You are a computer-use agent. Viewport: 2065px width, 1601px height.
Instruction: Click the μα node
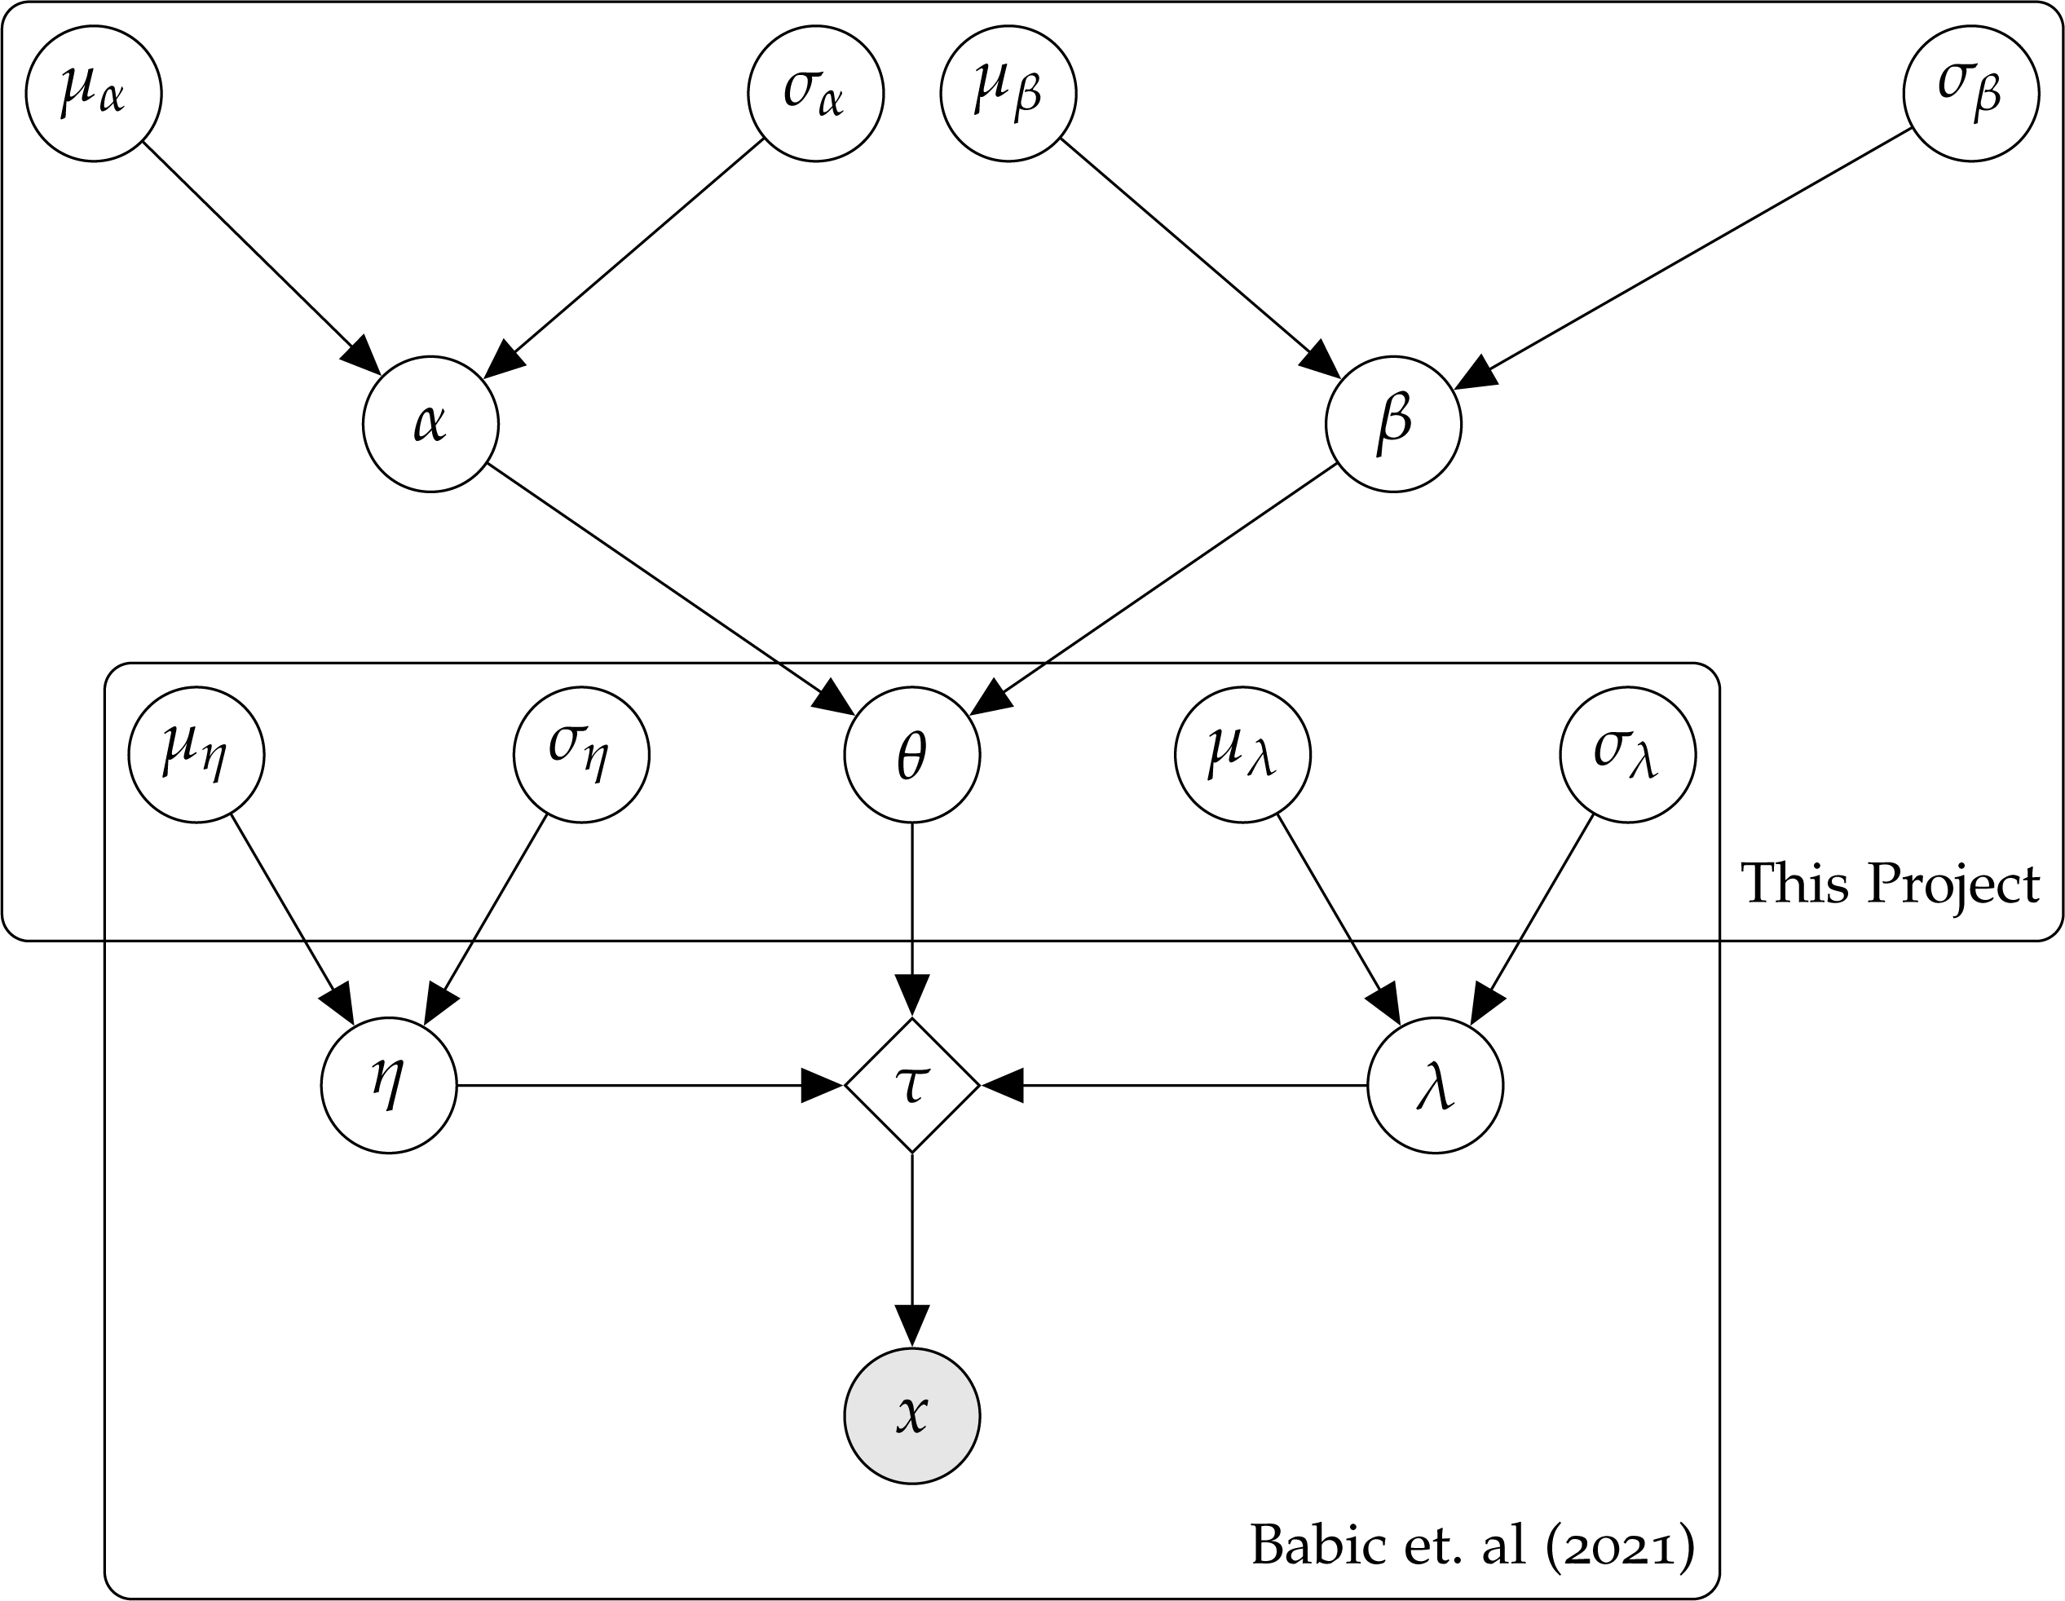coord(94,94)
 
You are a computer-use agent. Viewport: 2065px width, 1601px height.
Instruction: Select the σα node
coord(815,94)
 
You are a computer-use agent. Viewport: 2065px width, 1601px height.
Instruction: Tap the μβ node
coord(1008,94)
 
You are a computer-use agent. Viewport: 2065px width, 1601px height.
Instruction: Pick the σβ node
coord(1970,94)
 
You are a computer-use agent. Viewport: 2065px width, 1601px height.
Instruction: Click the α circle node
coord(430,424)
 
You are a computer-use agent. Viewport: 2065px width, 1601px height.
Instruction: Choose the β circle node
coord(1392,424)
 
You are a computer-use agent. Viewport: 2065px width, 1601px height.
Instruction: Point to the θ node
coord(911,755)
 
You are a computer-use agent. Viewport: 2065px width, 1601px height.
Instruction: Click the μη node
coord(196,755)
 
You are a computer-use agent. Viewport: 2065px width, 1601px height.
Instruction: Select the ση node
coord(581,755)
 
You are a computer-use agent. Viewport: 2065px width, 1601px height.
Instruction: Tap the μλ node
coord(1242,755)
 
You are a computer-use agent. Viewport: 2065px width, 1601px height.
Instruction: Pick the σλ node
coord(1627,755)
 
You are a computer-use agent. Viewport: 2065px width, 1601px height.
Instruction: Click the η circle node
coord(389,1085)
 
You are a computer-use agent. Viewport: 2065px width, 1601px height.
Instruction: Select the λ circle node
coord(1436,1085)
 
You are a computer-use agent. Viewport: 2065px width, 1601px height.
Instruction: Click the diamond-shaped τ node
coord(911,1085)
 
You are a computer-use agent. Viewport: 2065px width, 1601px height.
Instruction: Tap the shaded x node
coord(911,1416)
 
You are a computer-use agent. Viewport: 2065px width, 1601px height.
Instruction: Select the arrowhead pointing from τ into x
coord(911,1325)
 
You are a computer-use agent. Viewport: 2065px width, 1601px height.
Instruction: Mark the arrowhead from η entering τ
coord(821,1085)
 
